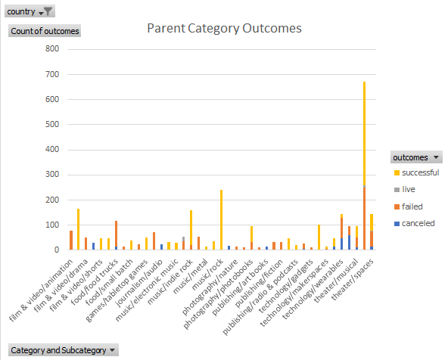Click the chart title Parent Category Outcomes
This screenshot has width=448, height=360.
pyautogui.click(x=224, y=29)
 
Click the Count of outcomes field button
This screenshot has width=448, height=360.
pyautogui.click(x=44, y=31)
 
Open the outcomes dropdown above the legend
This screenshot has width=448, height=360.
pyautogui.click(x=415, y=157)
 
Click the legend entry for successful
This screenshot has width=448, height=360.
pyautogui.click(x=418, y=173)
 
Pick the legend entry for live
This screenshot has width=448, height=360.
pyautogui.click(x=409, y=190)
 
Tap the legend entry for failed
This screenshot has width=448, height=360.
pyautogui.click(x=412, y=206)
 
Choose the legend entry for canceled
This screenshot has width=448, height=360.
pyautogui.click(x=415, y=222)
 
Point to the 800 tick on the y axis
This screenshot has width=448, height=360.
pyautogui.click(x=51, y=49)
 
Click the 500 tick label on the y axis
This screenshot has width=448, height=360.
pyautogui.click(x=51, y=125)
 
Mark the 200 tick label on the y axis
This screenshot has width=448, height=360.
pyautogui.click(x=51, y=200)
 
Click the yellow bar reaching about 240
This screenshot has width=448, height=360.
pyautogui.click(x=221, y=219)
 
